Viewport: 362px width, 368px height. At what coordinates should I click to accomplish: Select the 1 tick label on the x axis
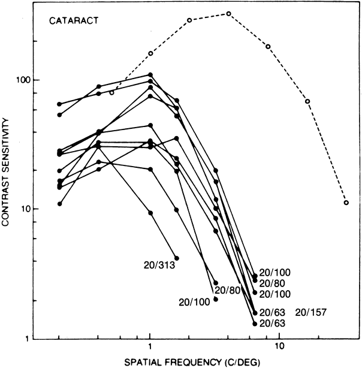coord(150,348)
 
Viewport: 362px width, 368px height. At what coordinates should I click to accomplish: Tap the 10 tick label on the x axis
coord(279,348)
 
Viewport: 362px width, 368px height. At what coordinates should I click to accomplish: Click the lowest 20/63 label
coord(271,323)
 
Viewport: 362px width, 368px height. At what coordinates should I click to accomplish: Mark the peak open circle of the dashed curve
coord(229,13)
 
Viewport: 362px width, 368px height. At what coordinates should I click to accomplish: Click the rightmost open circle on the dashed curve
coord(346,203)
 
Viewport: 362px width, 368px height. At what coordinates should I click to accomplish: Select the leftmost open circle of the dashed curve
coord(111,92)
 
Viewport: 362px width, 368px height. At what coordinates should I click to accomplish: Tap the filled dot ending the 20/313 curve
coord(176,258)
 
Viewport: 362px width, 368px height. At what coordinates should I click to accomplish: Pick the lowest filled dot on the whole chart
coord(255,324)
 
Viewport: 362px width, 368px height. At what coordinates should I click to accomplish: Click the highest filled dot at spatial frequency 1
coord(150,75)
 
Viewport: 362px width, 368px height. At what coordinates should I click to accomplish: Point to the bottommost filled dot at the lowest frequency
coord(59,204)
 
